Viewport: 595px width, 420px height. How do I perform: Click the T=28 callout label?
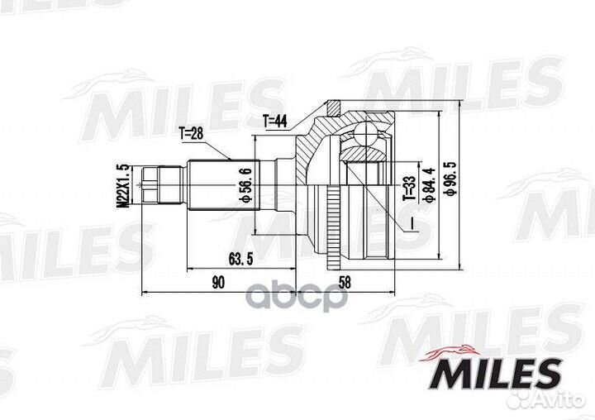pos(190,132)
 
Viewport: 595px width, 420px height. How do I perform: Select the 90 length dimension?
pos(217,282)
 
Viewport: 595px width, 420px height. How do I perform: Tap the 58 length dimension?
pos(346,282)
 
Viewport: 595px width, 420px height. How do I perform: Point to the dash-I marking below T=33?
pos(411,223)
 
